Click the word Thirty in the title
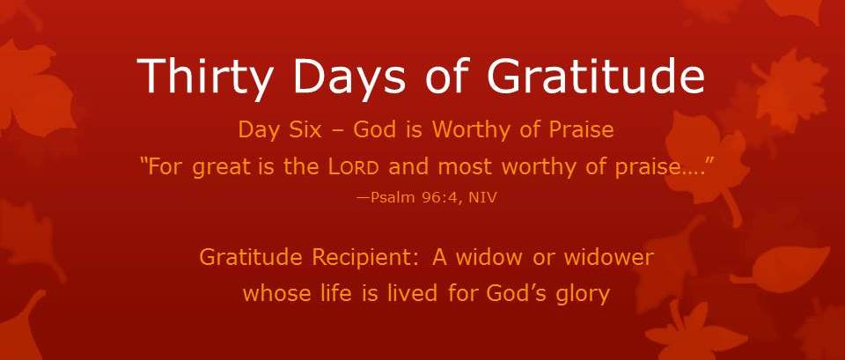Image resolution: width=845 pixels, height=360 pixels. (x=204, y=76)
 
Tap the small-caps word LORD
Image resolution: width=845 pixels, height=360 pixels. (x=353, y=168)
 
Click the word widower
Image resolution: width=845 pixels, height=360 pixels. (x=608, y=258)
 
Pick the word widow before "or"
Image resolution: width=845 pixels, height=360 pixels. (x=489, y=258)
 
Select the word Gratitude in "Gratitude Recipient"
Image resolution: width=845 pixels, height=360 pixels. (x=250, y=258)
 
